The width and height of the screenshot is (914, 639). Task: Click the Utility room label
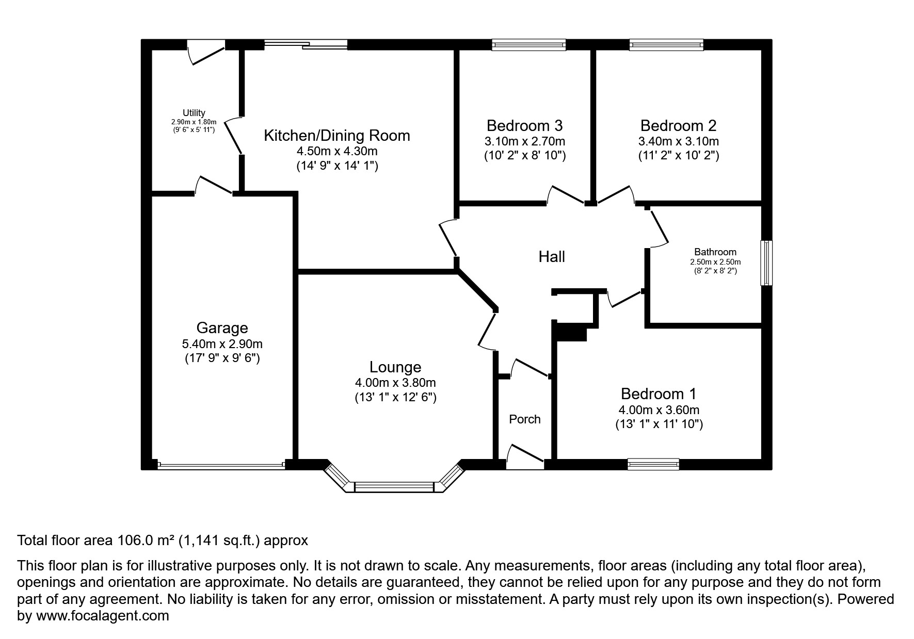pos(194,113)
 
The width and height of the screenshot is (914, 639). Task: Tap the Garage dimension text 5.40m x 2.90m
pos(222,343)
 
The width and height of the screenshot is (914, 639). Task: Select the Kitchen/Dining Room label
pos(336,136)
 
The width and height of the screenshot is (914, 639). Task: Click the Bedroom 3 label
pos(524,125)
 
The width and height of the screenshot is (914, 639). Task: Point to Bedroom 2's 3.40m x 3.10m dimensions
pos(678,141)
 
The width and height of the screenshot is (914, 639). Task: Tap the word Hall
pos(552,256)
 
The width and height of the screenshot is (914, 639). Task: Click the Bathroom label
pos(715,252)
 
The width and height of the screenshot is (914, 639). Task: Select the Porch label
pos(524,419)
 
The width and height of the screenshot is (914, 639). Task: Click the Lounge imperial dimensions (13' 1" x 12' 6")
pos(395,398)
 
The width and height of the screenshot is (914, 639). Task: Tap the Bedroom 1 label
pos(658,394)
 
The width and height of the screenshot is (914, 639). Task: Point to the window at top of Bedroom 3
pos(528,45)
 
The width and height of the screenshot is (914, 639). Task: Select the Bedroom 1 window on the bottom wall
pos(653,464)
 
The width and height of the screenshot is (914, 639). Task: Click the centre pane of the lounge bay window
pos(395,487)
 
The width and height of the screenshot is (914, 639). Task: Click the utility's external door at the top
pos(206,52)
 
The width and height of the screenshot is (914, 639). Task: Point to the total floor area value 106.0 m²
pos(145,540)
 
